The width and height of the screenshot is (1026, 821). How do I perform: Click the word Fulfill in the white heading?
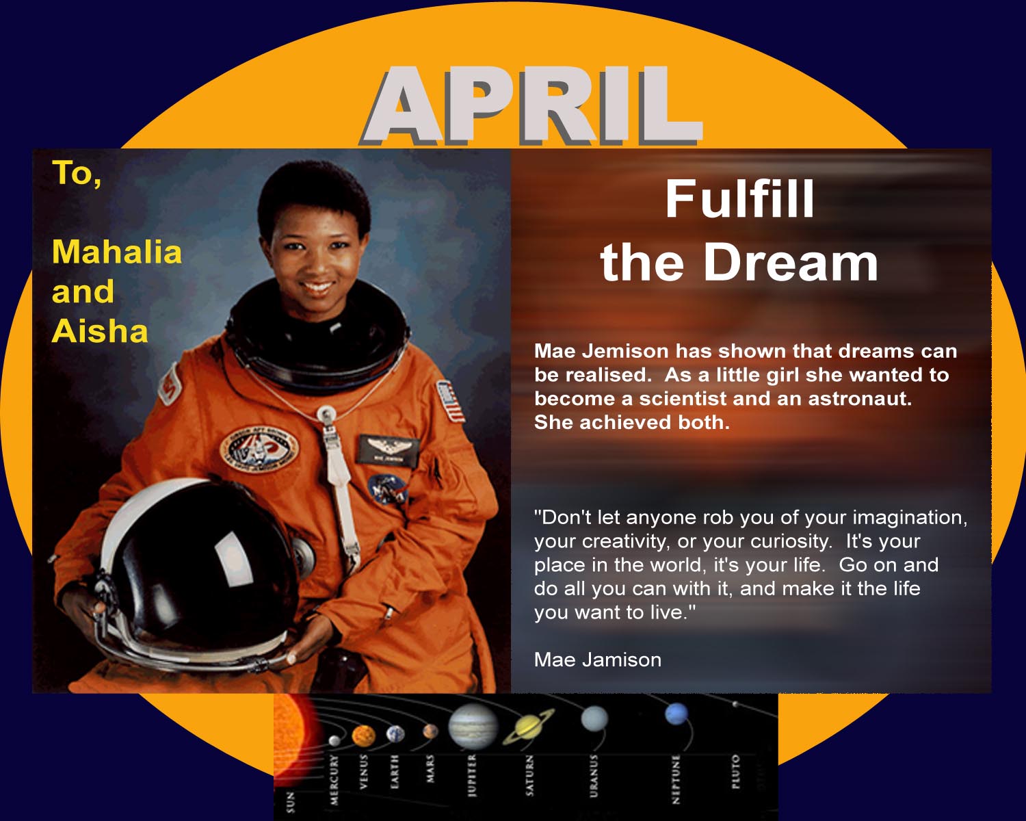click(x=739, y=198)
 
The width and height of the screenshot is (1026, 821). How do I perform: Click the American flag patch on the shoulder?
click(x=451, y=401)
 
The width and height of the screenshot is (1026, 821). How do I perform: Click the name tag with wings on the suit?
click(x=389, y=450)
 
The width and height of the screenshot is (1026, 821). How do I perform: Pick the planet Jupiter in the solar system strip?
click(x=473, y=726)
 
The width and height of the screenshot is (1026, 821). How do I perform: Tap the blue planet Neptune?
click(x=676, y=714)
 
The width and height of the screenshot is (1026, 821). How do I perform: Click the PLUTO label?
click(x=736, y=771)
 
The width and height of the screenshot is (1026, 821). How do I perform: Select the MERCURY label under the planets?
click(x=334, y=779)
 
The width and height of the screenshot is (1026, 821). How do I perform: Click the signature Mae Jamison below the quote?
click(x=597, y=660)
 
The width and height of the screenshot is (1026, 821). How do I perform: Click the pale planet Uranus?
click(x=594, y=718)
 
